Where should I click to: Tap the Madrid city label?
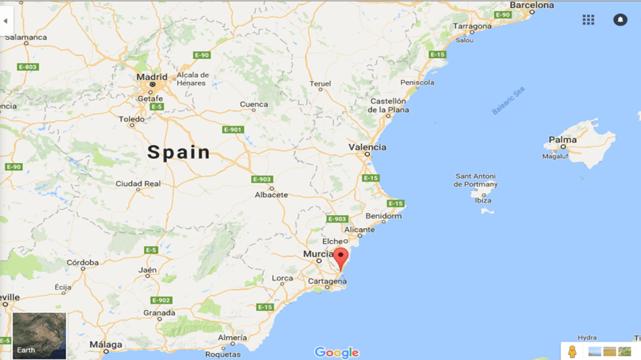point(152,77)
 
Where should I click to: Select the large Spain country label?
point(179,153)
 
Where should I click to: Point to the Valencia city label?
point(368,147)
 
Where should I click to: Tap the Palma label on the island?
point(563,140)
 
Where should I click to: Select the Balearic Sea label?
point(509,100)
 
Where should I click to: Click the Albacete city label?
point(271,195)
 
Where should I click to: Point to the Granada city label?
point(159,313)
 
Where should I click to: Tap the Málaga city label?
point(106,345)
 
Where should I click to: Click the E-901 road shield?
point(233,129)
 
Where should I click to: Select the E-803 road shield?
point(28,67)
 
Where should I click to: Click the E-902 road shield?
point(161,300)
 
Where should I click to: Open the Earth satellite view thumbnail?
point(39,335)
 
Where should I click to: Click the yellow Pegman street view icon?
point(572,351)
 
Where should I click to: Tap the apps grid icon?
point(588,20)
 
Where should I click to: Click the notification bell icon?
point(620,20)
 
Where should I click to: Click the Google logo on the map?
point(337,353)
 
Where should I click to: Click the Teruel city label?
point(320,84)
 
